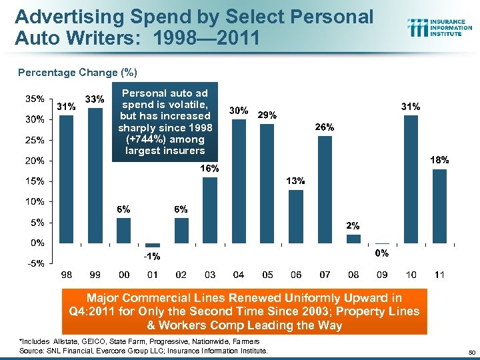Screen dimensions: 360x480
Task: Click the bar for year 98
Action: point(67,179)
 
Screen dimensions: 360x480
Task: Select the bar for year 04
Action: point(239,181)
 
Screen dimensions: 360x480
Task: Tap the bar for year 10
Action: point(411,179)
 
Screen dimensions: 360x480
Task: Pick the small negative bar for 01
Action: point(153,245)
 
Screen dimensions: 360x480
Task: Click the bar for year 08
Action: point(353,239)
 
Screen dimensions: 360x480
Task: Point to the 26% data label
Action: point(325,127)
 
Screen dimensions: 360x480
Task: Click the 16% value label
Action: point(210,169)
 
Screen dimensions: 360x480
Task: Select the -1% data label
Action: point(153,256)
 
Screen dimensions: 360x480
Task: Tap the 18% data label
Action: point(440,160)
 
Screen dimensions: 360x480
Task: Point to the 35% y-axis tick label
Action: point(35,99)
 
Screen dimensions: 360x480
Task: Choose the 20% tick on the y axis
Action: point(35,161)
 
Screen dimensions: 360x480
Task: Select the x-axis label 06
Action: point(296,275)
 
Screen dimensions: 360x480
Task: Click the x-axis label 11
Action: point(439,275)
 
